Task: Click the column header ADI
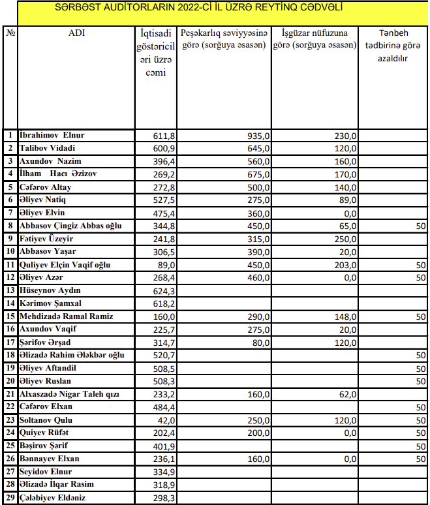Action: (76, 33)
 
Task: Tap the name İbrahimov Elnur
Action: (52, 136)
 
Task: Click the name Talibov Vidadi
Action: (48, 148)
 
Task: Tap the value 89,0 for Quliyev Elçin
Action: (166, 265)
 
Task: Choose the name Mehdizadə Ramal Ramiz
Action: (67, 316)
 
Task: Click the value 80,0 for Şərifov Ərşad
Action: (260, 343)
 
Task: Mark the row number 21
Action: (10, 394)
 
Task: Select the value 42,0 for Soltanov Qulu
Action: (166, 420)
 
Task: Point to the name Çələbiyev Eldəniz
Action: (53, 498)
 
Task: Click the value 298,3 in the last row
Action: (164, 498)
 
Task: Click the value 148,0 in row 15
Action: (345, 316)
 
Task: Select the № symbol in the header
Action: (10, 33)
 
